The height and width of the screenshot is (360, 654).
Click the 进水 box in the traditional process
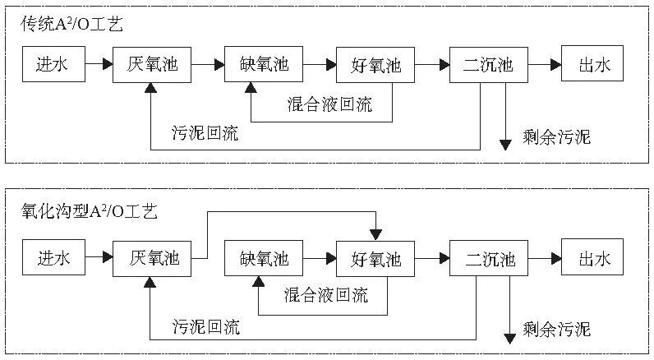53,64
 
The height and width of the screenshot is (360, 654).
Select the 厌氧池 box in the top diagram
159,64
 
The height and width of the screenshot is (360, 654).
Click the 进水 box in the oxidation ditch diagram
54,259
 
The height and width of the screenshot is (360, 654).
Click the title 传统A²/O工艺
72,25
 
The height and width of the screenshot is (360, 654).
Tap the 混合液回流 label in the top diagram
329,104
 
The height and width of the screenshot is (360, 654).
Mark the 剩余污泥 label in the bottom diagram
556,330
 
